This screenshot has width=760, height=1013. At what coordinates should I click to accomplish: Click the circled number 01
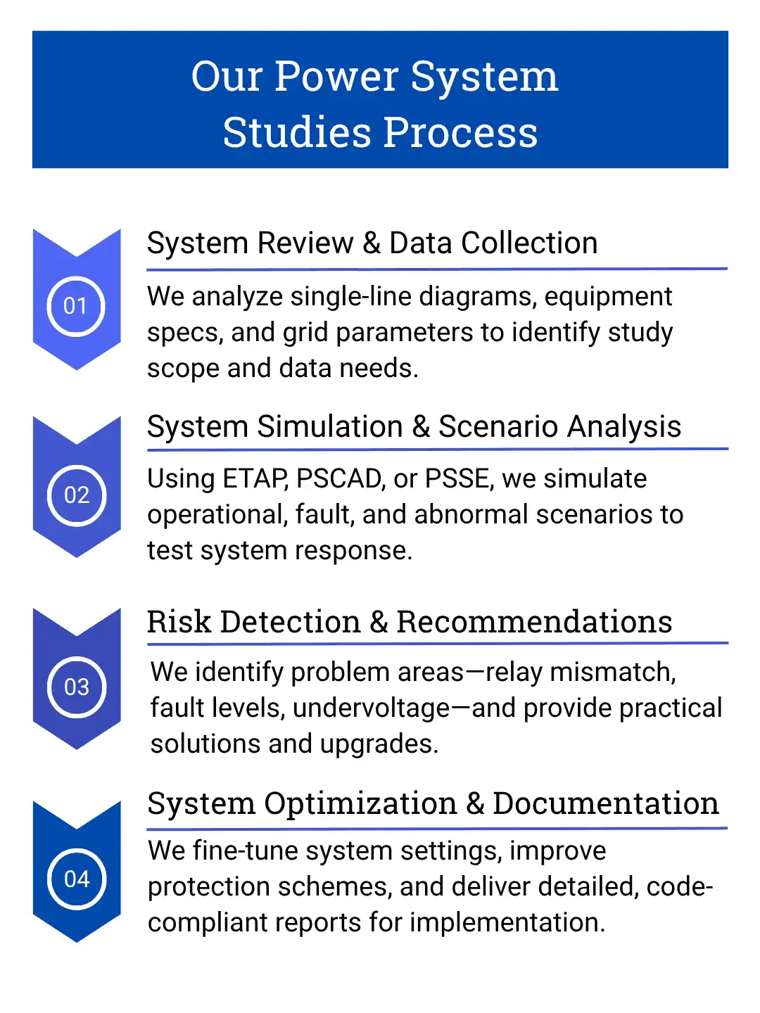(x=76, y=306)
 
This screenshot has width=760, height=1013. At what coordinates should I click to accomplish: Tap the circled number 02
(x=76, y=495)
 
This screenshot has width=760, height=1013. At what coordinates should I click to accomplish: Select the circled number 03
(x=76, y=687)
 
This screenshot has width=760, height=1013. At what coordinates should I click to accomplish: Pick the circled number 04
(x=76, y=879)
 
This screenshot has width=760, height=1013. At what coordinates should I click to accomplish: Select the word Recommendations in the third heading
(x=534, y=622)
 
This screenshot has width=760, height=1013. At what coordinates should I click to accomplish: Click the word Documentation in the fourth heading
(x=605, y=803)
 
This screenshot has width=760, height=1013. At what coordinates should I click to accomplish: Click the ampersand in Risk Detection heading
(x=379, y=622)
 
